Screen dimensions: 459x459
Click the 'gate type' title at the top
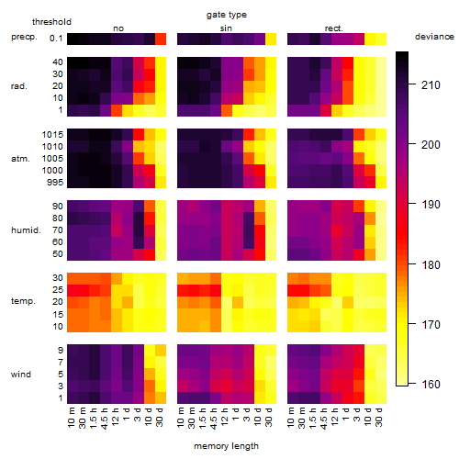(x=227, y=15)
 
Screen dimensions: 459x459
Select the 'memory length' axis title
(x=226, y=446)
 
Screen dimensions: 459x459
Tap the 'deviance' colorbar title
(x=434, y=37)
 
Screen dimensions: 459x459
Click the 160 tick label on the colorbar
(x=431, y=384)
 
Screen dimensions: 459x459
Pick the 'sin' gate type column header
(x=226, y=28)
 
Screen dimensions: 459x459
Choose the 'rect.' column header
(x=333, y=28)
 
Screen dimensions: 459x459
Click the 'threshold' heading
(x=51, y=22)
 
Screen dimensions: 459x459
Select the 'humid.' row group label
(x=26, y=230)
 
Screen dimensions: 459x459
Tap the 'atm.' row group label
(x=20, y=159)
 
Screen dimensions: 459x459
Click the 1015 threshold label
(x=52, y=135)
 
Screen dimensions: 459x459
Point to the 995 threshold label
(x=55, y=183)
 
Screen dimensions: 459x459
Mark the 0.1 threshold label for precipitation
(x=56, y=39)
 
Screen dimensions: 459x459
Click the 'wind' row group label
(x=21, y=375)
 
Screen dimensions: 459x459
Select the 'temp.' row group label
(x=23, y=301)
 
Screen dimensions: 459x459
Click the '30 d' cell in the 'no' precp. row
(x=161, y=39)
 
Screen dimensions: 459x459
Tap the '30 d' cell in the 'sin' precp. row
(x=271, y=39)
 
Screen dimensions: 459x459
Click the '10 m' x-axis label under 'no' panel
(x=73, y=418)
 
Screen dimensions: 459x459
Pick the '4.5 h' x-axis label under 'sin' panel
(x=216, y=419)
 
